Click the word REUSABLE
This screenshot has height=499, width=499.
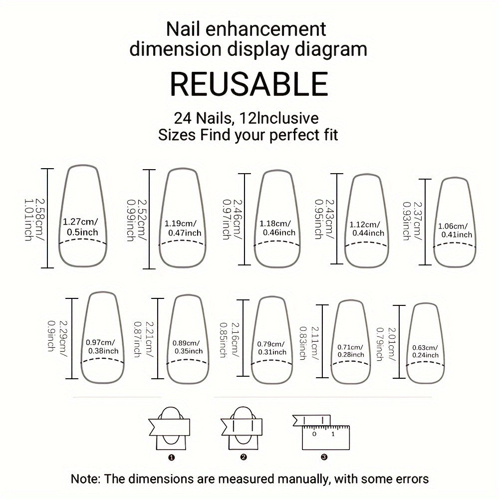click(x=249, y=84)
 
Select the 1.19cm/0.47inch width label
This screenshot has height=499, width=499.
click(x=183, y=228)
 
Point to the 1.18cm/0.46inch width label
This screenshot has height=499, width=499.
click(x=277, y=228)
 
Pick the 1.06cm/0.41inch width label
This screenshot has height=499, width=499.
click(x=454, y=230)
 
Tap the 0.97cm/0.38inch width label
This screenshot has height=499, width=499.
click(x=102, y=346)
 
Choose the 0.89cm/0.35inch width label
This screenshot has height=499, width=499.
click(x=187, y=347)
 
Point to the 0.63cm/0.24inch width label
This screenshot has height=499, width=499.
click(x=425, y=351)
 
